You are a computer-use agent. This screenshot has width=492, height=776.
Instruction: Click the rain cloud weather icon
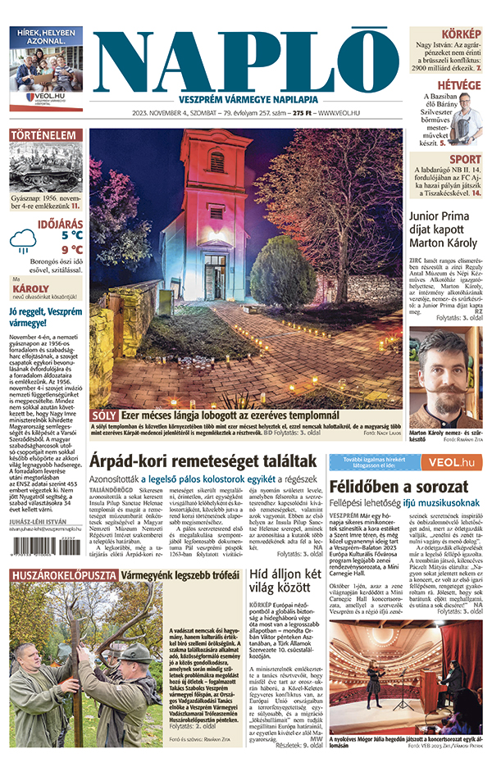(23, 239)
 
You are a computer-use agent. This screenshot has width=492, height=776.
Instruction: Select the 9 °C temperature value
(71, 249)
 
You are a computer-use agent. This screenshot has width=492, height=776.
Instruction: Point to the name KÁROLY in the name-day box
(31, 288)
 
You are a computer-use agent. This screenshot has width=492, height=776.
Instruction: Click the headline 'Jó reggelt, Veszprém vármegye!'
(46, 317)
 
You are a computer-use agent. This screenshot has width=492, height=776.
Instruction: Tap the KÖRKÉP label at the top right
(461, 34)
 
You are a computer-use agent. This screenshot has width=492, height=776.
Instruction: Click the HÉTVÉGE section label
(458, 85)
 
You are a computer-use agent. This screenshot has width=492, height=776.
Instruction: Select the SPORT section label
(465, 160)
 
